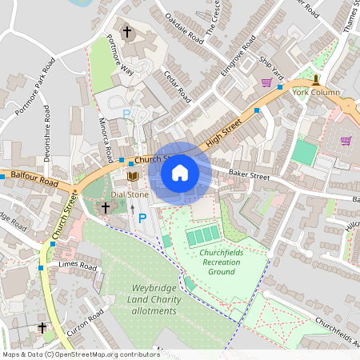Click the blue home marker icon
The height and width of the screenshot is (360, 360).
pyautogui.click(x=180, y=172)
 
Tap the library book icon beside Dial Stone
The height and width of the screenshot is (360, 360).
pyautogui.click(x=134, y=176)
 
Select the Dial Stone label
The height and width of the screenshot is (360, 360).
pyautogui.click(x=130, y=194)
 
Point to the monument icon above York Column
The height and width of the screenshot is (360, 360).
pyautogui.click(x=316, y=79)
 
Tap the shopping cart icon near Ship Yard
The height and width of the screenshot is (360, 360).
pyautogui.click(x=266, y=82)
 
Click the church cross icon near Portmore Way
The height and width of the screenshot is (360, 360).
pyautogui.click(x=126, y=32)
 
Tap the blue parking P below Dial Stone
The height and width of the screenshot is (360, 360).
pyautogui.click(x=142, y=218)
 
